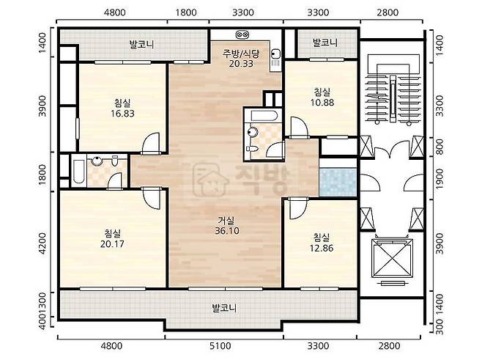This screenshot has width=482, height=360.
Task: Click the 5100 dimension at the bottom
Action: [x=220, y=346]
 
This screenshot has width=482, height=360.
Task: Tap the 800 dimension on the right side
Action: [x=440, y=147]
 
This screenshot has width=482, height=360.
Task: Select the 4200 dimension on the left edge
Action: [x=42, y=243]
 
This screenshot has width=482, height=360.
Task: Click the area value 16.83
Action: [x=122, y=114]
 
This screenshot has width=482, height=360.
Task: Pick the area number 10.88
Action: [x=322, y=103]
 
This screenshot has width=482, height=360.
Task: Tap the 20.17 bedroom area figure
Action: [x=112, y=244]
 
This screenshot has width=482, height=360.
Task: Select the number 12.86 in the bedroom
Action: [x=322, y=248]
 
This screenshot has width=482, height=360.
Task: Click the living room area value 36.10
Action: [x=227, y=231]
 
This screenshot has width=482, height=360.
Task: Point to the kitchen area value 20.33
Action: [x=241, y=64]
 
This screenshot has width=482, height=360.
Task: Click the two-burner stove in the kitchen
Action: [x=242, y=34]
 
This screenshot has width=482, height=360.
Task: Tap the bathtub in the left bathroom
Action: [x=78, y=172]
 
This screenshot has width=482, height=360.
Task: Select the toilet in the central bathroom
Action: [x=252, y=149]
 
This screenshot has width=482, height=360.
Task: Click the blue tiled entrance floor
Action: [x=338, y=182]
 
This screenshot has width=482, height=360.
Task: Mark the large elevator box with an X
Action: [x=391, y=258]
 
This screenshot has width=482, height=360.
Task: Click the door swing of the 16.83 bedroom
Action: [x=151, y=142]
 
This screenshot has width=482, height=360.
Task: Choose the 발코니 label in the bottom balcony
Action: [x=224, y=308]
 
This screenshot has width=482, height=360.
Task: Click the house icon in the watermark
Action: [x=212, y=179]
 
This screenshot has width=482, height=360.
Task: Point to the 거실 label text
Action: [x=226, y=220]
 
